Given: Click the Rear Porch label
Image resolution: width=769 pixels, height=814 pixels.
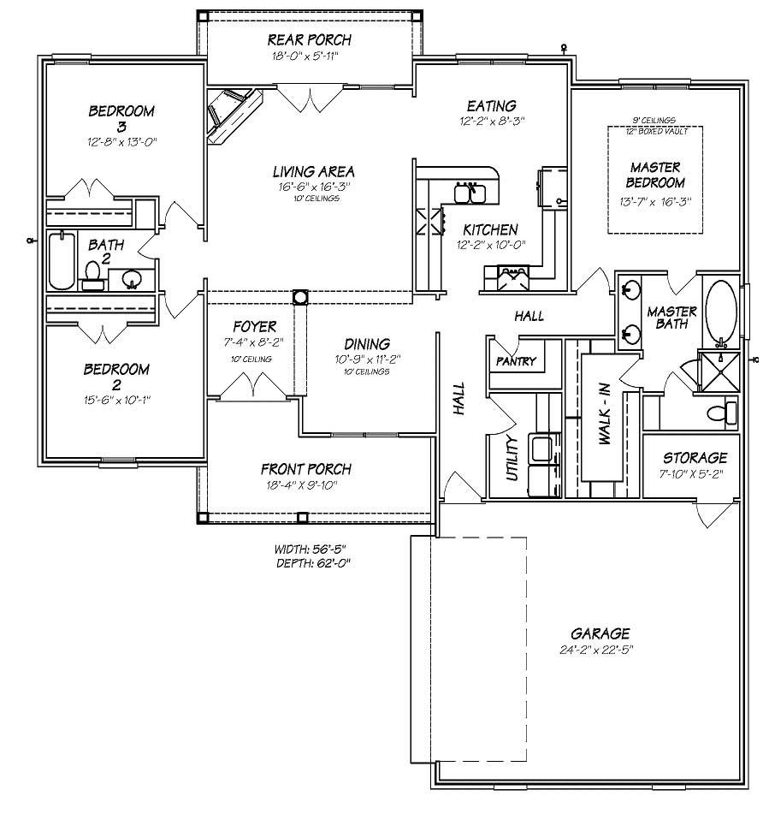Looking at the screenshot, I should tap(309, 40).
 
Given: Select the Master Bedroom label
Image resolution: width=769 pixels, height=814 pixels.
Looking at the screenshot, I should tap(656, 175).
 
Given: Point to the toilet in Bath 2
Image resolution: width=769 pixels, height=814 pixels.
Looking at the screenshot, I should tap(93, 273).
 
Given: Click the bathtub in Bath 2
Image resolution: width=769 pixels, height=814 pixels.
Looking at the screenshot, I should tap(60, 260).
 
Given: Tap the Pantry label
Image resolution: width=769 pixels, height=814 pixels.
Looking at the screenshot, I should tap(516, 361).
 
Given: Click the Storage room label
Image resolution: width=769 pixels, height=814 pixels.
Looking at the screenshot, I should tap(695, 458).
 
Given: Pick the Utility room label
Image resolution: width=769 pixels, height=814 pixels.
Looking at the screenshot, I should tap(512, 458).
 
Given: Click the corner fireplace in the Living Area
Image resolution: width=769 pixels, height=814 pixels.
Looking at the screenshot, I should tap(232, 115).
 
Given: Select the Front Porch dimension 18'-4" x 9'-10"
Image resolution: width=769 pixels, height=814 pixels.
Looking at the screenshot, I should tap(305, 484).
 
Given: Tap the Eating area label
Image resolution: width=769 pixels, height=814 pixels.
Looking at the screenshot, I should tap(491, 106).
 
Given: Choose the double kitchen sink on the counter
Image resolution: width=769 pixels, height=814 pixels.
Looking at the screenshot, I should tap(470, 193).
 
